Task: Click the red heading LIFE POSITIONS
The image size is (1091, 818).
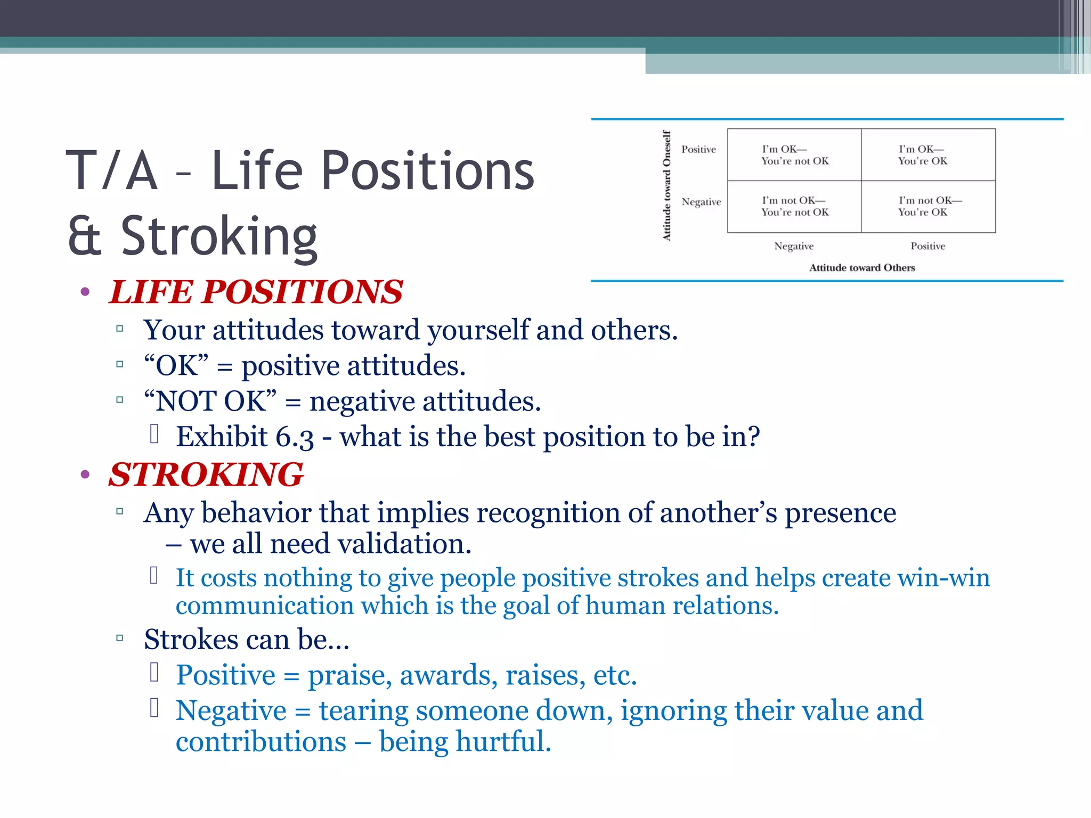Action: pyautogui.click(x=256, y=292)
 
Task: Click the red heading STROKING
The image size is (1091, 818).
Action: pyautogui.click(x=206, y=475)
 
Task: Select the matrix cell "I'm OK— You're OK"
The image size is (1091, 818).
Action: pyautogui.click(x=927, y=155)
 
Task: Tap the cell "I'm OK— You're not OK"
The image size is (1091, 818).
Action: pyautogui.click(x=794, y=155)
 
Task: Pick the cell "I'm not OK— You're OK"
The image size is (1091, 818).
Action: pyautogui.click(x=927, y=207)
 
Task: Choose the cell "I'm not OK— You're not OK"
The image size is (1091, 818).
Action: pyautogui.click(x=794, y=207)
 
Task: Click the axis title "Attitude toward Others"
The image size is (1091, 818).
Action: pyautogui.click(x=862, y=268)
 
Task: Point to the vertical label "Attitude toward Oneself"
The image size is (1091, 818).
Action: pyautogui.click(x=666, y=186)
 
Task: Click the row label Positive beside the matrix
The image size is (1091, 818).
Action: pyautogui.click(x=698, y=150)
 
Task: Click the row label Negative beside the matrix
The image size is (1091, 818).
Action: pyautogui.click(x=701, y=202)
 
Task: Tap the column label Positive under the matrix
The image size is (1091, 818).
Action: pyautogui.click(x=927, y=246)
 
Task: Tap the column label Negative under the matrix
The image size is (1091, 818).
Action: pyautogui.click(x=794, y=246)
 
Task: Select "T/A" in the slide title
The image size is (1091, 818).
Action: pyautogui.click(x=112, y=171)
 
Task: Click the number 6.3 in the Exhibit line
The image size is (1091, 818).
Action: pyautogui.click(x=295, y=437)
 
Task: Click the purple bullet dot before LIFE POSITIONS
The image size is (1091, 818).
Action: pyautogui.click(x=85, y=292)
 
